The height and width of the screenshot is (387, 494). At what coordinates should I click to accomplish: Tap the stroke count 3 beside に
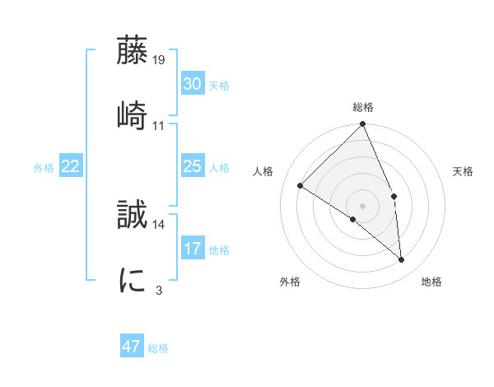(x=158, y=289)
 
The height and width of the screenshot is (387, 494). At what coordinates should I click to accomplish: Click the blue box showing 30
(x=192, y=83)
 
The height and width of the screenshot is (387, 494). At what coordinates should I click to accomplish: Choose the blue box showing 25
(x=192, y=166)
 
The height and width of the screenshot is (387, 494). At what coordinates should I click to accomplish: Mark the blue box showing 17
(x=192, y=248)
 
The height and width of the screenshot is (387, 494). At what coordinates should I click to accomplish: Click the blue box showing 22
(x=71, y=166)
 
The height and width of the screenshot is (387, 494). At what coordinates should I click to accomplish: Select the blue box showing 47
(x=131, y=347)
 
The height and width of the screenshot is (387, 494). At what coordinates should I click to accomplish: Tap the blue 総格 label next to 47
(x=158, y=348)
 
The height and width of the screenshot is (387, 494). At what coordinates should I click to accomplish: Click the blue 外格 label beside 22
(x=44, y=168)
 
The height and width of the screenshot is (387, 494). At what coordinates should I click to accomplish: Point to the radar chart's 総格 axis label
(x=363, y=107)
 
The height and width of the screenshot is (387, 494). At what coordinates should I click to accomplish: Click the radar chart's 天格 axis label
(x=464, y=171)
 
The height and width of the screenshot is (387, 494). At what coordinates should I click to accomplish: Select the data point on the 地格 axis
(x=402, y=260)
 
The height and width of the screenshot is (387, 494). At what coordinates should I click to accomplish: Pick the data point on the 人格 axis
(x=301, y=186)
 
